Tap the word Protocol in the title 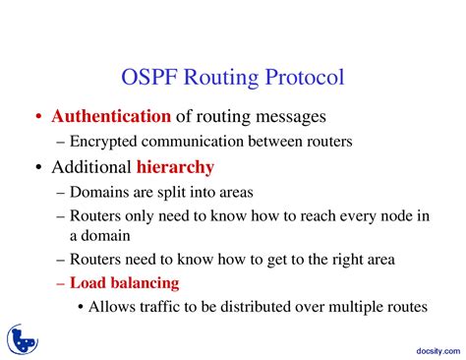pos(306,77)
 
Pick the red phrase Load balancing pos(124,283)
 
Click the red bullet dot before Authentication pos(37,118)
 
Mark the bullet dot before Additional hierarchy pos(37,168)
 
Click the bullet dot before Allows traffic pos(80,308)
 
